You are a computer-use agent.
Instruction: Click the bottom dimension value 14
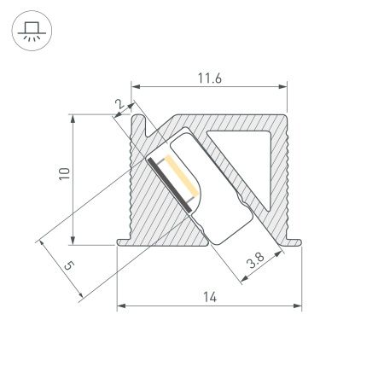coord(210,297)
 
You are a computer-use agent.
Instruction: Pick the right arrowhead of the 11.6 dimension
coord(282,86)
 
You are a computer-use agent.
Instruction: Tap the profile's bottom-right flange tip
coord(300,245)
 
